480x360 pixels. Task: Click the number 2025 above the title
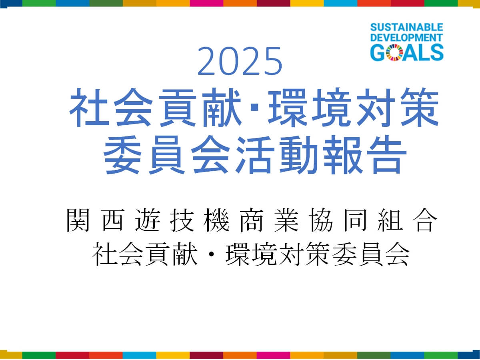point(240,61)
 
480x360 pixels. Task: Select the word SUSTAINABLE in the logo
point(407,28)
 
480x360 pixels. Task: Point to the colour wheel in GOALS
point(394,52)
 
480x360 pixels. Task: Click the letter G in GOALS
point(378,52)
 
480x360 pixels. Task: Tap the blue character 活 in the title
point(255,154)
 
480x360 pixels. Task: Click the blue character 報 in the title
point(342,154)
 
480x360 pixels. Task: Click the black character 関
point(78,220)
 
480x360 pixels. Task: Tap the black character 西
point(113,220)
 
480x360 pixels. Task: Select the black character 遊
point(147,220)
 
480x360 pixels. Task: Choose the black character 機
point(216,220)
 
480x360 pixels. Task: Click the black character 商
point(251,220)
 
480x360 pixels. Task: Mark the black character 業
point(286,220)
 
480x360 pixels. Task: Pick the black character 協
point(321,220)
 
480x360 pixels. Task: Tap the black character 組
point(390,220)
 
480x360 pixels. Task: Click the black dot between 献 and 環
point(211,254)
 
